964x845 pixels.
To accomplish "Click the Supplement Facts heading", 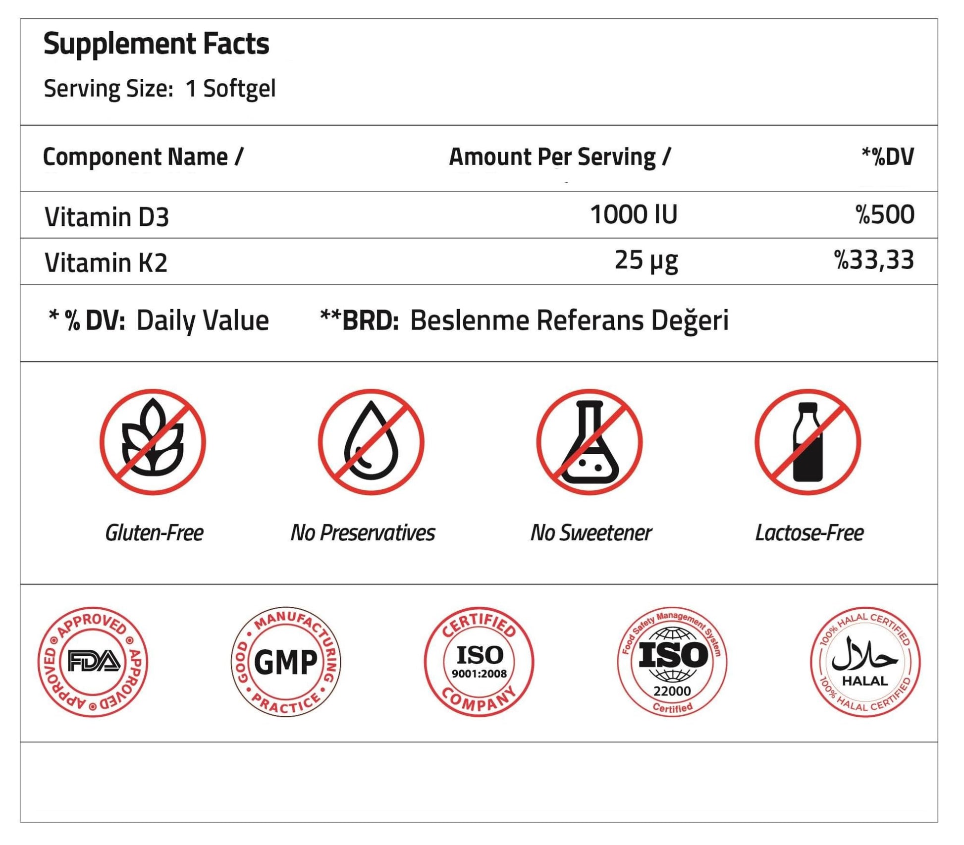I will tap(156, 44).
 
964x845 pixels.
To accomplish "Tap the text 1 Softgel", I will tap(230, 89).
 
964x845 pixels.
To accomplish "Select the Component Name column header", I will tap(143, 157).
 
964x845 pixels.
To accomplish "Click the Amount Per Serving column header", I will tap(559, 157).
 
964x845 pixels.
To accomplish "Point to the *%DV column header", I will tap(887, 157).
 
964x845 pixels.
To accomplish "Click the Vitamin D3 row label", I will tap(107, 217).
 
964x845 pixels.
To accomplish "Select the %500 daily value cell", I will tap(885, 215).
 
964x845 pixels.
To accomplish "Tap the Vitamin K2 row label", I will tap(106, 263).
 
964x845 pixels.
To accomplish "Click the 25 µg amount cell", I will tap(646, 261).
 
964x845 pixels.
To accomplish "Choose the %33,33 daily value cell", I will tap(874, 261).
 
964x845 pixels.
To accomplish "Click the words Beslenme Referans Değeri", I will tap(569, 320).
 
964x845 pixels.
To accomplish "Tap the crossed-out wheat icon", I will tap(153, 442).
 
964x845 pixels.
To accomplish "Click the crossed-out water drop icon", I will tap(371, 442).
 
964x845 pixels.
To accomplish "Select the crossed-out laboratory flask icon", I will tap(589, 442).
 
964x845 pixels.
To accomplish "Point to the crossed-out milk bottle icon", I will tap(808, 442).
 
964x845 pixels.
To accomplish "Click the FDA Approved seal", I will tap(93, 662).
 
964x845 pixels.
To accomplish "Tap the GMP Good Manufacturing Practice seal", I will tap(286, 662).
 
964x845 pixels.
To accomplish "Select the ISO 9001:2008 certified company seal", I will tap(479, 662).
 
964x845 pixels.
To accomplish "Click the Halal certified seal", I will tap(865, 662).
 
